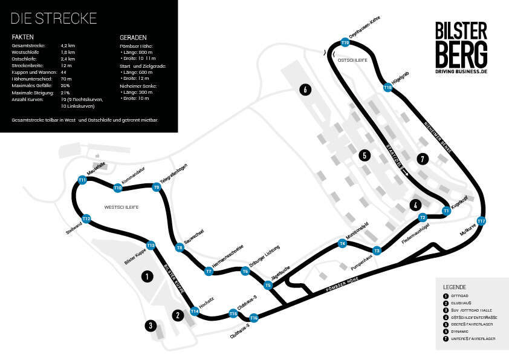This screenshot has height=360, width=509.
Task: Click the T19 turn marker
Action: pyautogui.click(x=345, y=43)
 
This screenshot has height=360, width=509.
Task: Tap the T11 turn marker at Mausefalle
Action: pyautogui.click(x=82, y=180)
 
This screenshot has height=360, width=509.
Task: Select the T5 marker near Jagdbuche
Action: pyautogui.click(x=268, y=284)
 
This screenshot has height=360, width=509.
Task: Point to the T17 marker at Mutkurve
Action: pyautogui.click(x=481, y=221)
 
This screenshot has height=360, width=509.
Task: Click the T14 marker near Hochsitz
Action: pyautogui.click(x=195, y=312)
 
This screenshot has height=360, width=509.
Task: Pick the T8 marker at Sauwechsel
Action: pyautogui.click(x=180, y=247)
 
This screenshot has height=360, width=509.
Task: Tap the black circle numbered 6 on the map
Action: pyautogui.click(x=306, y=90)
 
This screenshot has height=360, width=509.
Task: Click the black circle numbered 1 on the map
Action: pyautogui.click(x=146, y=277)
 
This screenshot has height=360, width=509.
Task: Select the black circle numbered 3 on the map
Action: pyautogui.click(x=149, y=326)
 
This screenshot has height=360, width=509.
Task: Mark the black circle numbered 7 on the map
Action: pyautogui.click(x=423, y=159)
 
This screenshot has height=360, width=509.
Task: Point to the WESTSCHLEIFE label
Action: pyautogui.click(x=122, y=207)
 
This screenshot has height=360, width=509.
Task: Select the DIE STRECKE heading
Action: pyautogui.click(x=54, y=18)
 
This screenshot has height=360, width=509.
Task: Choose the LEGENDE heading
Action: pyautogui.click(x=454, y=286)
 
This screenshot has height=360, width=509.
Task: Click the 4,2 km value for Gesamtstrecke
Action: pyautogui.click(x=68, y=45)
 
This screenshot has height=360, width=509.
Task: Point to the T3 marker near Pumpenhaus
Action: pyautogui.click(x=377, y=250)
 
